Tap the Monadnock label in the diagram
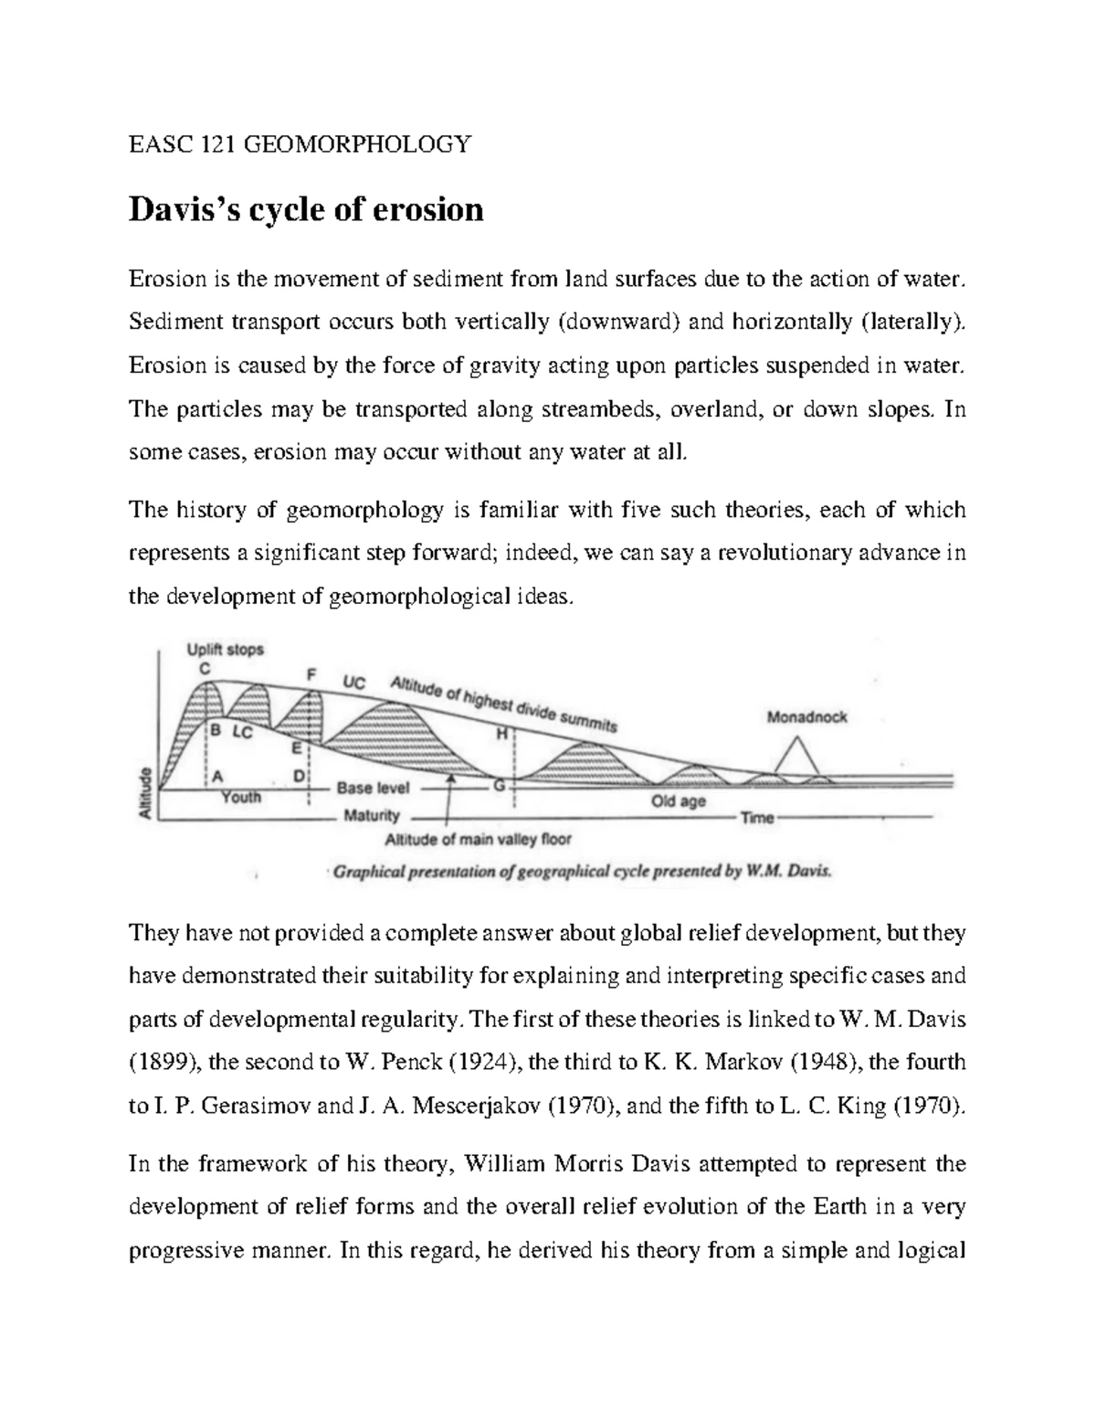(806, 717)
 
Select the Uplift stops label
(225, 650)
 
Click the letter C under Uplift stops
(205, 668)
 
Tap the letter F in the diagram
(311, 674)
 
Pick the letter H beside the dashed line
(501, 733)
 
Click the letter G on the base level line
(499, 785)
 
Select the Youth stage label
(241, 798)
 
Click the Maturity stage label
(372, 816)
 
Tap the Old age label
(679, 801)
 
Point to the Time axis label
(757, 818)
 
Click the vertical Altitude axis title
(143, 793)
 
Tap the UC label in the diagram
(354, 682)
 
